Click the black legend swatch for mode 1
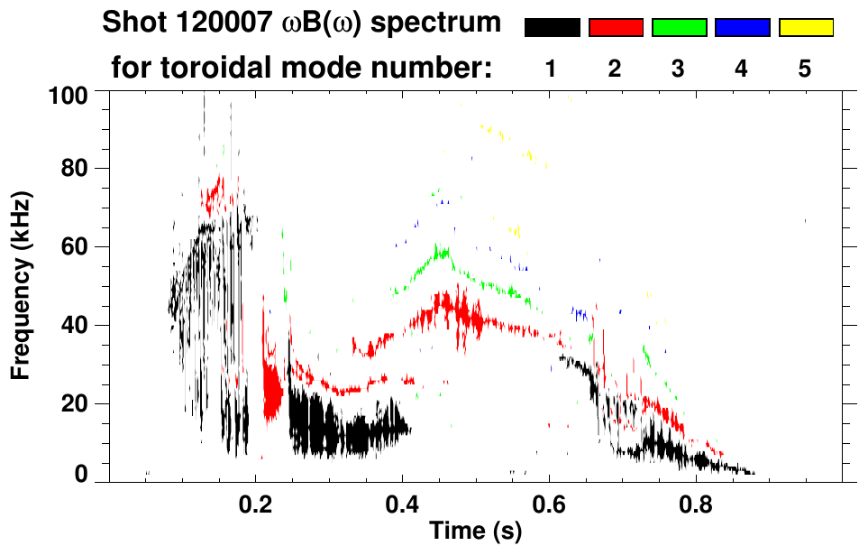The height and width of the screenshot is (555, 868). (552, 28)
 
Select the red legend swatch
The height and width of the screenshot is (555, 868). (616, 28)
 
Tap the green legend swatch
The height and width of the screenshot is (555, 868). (679, 28)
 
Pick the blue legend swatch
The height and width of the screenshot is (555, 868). (742, 28)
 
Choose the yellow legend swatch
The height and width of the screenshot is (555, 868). (805, 28)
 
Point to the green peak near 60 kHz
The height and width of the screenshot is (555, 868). (441, 252)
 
